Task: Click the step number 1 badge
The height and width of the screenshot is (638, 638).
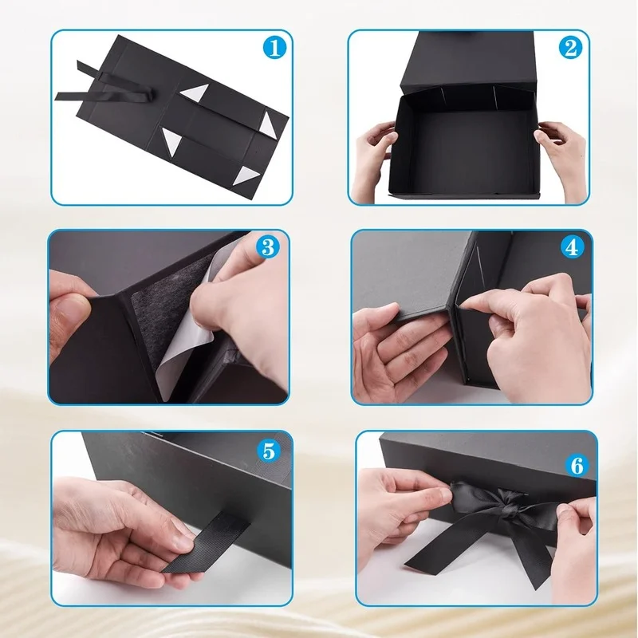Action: [x=274, y=48]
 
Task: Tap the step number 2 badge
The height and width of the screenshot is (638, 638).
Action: [x=570, y=48]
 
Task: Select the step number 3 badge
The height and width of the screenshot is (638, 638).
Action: [x=268, y=246]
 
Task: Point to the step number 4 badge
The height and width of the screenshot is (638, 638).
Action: [x=572, y=246]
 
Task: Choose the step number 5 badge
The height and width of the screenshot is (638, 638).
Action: [x=269, y=451]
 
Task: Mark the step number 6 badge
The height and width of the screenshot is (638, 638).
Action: [x=577, y=465]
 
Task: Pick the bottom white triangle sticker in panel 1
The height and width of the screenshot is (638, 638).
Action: [x=245, y=175]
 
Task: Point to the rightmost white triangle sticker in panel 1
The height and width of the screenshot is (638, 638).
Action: [x=268, y=125]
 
